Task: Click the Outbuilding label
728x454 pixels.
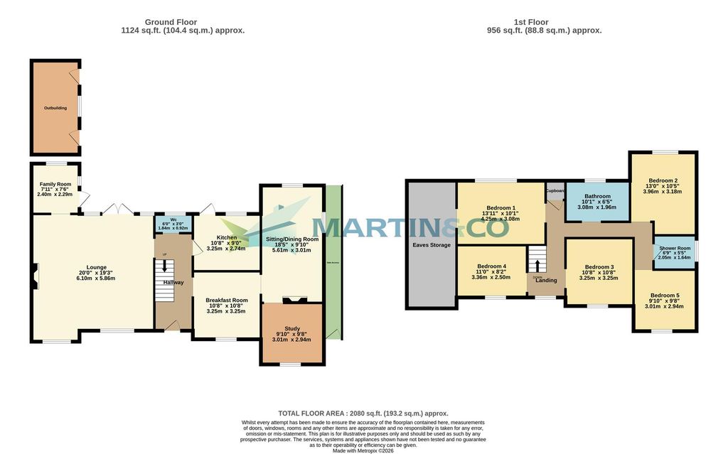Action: (55, 108)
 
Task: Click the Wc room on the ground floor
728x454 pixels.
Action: (173, 220)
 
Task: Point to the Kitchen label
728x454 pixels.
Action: (227, 237)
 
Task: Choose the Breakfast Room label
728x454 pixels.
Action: (227, 300)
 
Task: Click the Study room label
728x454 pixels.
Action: (292, 328)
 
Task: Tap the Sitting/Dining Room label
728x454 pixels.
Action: (292, 239)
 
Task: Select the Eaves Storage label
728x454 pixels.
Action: (432, 245)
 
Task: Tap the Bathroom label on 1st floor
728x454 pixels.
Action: (597, 196)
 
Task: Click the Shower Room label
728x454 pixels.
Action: (675, 248)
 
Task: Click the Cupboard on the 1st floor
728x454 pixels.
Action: (555, 191)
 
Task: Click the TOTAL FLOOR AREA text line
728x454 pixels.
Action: (363, 413)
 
